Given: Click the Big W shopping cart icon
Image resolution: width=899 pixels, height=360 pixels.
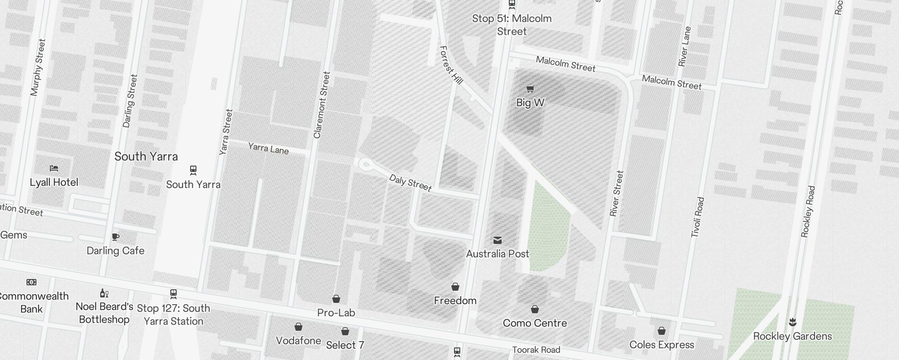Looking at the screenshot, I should click(530, 89).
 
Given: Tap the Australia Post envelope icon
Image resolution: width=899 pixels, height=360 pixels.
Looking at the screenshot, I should click(498, 240).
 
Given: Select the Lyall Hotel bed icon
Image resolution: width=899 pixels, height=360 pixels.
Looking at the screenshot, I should click(54, 168).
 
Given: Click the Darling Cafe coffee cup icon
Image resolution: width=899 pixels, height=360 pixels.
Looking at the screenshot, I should click(116, 237).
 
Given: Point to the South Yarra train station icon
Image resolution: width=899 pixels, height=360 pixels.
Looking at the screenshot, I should click(193, 170).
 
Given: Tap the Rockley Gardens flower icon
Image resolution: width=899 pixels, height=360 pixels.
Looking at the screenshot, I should click(792, 322).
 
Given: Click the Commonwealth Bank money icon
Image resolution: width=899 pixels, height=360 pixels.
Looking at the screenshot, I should click(31, 282).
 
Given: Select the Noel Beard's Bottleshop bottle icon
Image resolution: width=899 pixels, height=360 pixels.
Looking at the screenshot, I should click(104, 293).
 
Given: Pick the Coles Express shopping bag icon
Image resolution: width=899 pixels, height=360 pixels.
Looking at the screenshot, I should click(662, 331).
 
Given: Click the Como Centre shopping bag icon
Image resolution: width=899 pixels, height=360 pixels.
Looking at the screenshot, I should click(535, 309).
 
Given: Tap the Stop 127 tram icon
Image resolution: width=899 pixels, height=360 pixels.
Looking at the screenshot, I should click(174, 294).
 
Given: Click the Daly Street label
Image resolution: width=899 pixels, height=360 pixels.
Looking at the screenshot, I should click(410, 183).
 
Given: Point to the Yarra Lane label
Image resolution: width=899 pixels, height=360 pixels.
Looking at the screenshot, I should click(268, 148).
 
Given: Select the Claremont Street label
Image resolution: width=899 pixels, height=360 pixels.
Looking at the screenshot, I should click(322, 105).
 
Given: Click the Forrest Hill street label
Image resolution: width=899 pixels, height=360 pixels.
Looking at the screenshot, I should click(451, 65).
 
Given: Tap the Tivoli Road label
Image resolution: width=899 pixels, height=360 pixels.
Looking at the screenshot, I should click(697, 217).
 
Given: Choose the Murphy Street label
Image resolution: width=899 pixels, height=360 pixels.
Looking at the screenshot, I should click(38, 67).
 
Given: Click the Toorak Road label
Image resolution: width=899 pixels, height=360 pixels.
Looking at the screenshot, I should click(536, 350).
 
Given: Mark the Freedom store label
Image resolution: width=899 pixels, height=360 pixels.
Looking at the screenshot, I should click(455, 301).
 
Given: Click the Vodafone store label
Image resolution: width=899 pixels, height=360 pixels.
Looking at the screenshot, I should click(298, 341).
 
